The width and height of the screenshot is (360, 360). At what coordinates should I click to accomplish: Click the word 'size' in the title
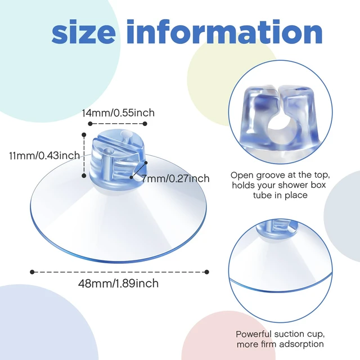[x=84, y=31]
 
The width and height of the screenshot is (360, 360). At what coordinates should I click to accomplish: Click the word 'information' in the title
[x=224, y=31]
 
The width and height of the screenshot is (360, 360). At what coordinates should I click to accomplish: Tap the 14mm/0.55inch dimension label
[x=119, y=113]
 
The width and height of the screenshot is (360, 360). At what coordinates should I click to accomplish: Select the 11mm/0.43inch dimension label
[x=44, y=156]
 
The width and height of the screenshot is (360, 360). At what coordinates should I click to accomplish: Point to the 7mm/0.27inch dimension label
[x=175, y=179]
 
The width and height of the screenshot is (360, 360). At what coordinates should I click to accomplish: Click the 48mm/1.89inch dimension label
[x=118, y=283]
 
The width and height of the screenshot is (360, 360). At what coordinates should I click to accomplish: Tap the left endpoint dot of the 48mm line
[x=32, y=272]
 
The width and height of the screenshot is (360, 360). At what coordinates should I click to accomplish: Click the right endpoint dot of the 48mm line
[x=206, y=272]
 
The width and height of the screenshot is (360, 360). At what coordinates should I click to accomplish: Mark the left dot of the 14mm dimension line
[x=90, y=124]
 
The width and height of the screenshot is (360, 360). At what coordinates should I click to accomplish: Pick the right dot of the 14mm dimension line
[x=145, y=124]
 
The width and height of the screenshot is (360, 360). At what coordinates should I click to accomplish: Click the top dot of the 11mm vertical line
[x=84, y=135]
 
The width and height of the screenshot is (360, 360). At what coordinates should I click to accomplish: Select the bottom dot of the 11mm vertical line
[x=84, y=175]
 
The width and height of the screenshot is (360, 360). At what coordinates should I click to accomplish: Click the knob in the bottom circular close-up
[x=277, y=229]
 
